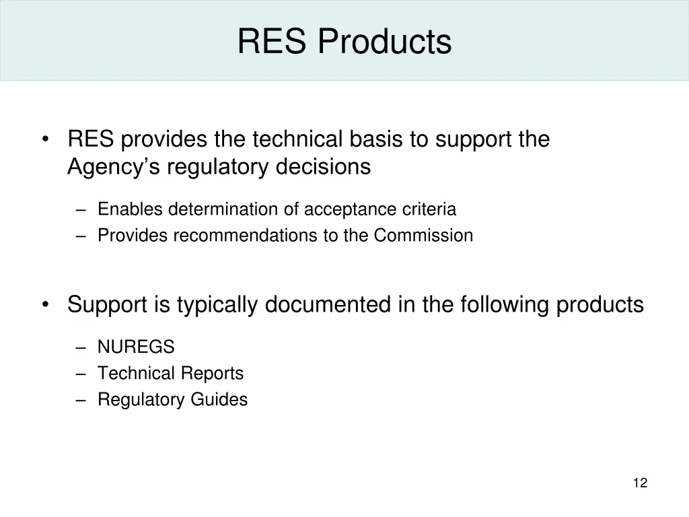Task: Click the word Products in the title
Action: coord(384,41)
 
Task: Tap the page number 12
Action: coord(640,483)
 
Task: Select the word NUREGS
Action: coord(136,347)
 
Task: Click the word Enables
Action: coord(131,209)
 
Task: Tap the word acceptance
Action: coord(342,209)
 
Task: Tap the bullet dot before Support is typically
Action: coord(45,305)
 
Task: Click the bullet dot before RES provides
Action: coord(45,139)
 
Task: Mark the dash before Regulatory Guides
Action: coord(81,400)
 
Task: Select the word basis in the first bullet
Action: coord(377,139)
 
